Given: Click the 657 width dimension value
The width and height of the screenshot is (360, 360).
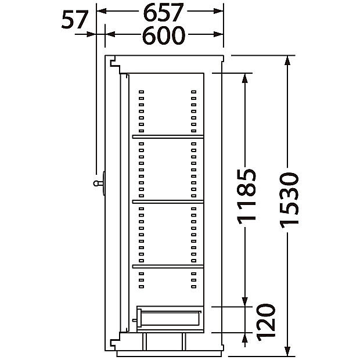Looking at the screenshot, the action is pyautogui.click(x=163, y=12).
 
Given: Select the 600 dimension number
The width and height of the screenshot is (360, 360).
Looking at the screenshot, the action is pyautogui.click(x=164, y=35).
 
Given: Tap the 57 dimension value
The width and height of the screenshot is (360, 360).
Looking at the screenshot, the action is pyautogui.click(x=75, y=20).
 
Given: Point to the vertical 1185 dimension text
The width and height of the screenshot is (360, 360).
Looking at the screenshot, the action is pyautogui.click(x=246, y=196).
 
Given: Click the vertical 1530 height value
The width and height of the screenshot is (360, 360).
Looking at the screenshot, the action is pyautogui.click(x=289, y=200).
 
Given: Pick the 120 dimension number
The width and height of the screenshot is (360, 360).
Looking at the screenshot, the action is pyautogui.click(x=265, y=322).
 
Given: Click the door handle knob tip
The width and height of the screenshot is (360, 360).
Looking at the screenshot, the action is pyautogui.click(x=95, y=183).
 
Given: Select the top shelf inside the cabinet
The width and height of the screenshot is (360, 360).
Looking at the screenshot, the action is pyautogui.click(x=168, y=137).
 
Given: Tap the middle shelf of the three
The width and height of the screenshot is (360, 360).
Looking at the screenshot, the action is pyautogui.click(x=168, y=202).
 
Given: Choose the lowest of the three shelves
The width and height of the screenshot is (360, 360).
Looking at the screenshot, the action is pyautogui.click(x=168, y=267).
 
